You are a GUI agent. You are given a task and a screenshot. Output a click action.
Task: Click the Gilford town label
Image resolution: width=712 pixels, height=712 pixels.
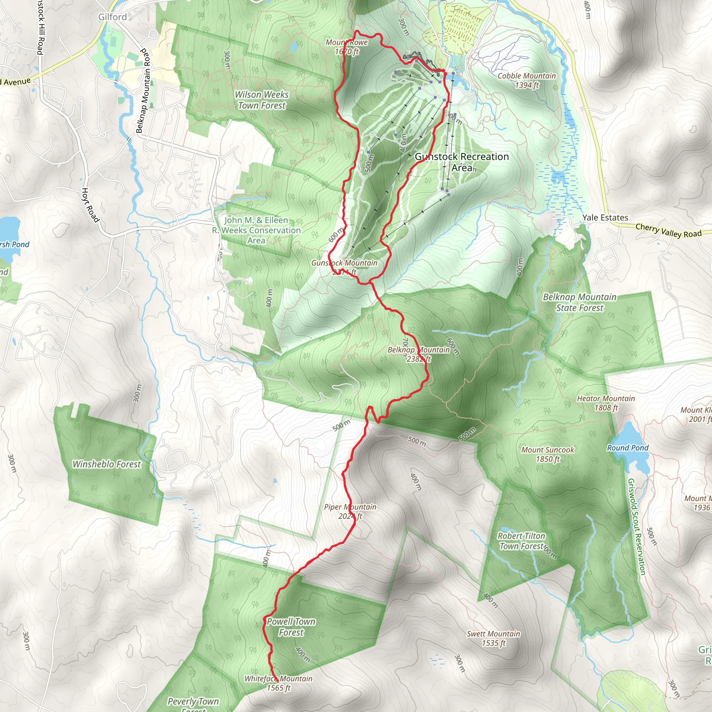pos(112,17)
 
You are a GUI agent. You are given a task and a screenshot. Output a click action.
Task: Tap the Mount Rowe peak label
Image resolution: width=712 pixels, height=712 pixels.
pos(347,47)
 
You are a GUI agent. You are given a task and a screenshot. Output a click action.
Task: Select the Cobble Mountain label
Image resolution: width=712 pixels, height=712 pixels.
pos(527,80)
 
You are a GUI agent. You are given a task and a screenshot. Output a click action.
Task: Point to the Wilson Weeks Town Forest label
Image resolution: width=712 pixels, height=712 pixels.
pos(262,100)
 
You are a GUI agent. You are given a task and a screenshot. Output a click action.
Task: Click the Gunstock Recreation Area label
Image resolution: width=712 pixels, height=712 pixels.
pos(462,162)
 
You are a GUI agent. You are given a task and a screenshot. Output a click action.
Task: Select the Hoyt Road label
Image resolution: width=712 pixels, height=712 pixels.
pos(90,205)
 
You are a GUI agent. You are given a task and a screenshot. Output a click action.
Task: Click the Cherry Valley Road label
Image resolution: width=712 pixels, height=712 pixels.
pos(669,231)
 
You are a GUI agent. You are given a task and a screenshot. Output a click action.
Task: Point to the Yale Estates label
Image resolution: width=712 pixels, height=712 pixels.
pos(605,217)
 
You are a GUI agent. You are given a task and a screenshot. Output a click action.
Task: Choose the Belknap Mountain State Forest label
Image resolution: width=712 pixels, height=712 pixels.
pos(580,302)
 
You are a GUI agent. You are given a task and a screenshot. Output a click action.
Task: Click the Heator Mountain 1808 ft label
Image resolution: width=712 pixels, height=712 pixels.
pos(606,403)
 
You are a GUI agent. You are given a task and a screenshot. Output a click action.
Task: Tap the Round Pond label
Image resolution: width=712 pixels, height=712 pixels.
pos(628,448)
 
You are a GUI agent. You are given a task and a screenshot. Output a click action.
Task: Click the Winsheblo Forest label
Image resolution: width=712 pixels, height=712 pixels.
pos(106,464)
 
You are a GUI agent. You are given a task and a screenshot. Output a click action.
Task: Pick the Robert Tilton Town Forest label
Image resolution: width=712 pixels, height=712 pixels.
pos(521,541)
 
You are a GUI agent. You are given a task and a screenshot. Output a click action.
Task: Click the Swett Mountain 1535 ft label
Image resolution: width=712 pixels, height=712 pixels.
pos(493,638)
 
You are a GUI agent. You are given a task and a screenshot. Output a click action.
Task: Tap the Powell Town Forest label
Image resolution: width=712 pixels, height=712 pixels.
pos(291,627)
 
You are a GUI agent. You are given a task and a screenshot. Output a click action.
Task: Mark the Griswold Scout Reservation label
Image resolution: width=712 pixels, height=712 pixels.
pos(637,527)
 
